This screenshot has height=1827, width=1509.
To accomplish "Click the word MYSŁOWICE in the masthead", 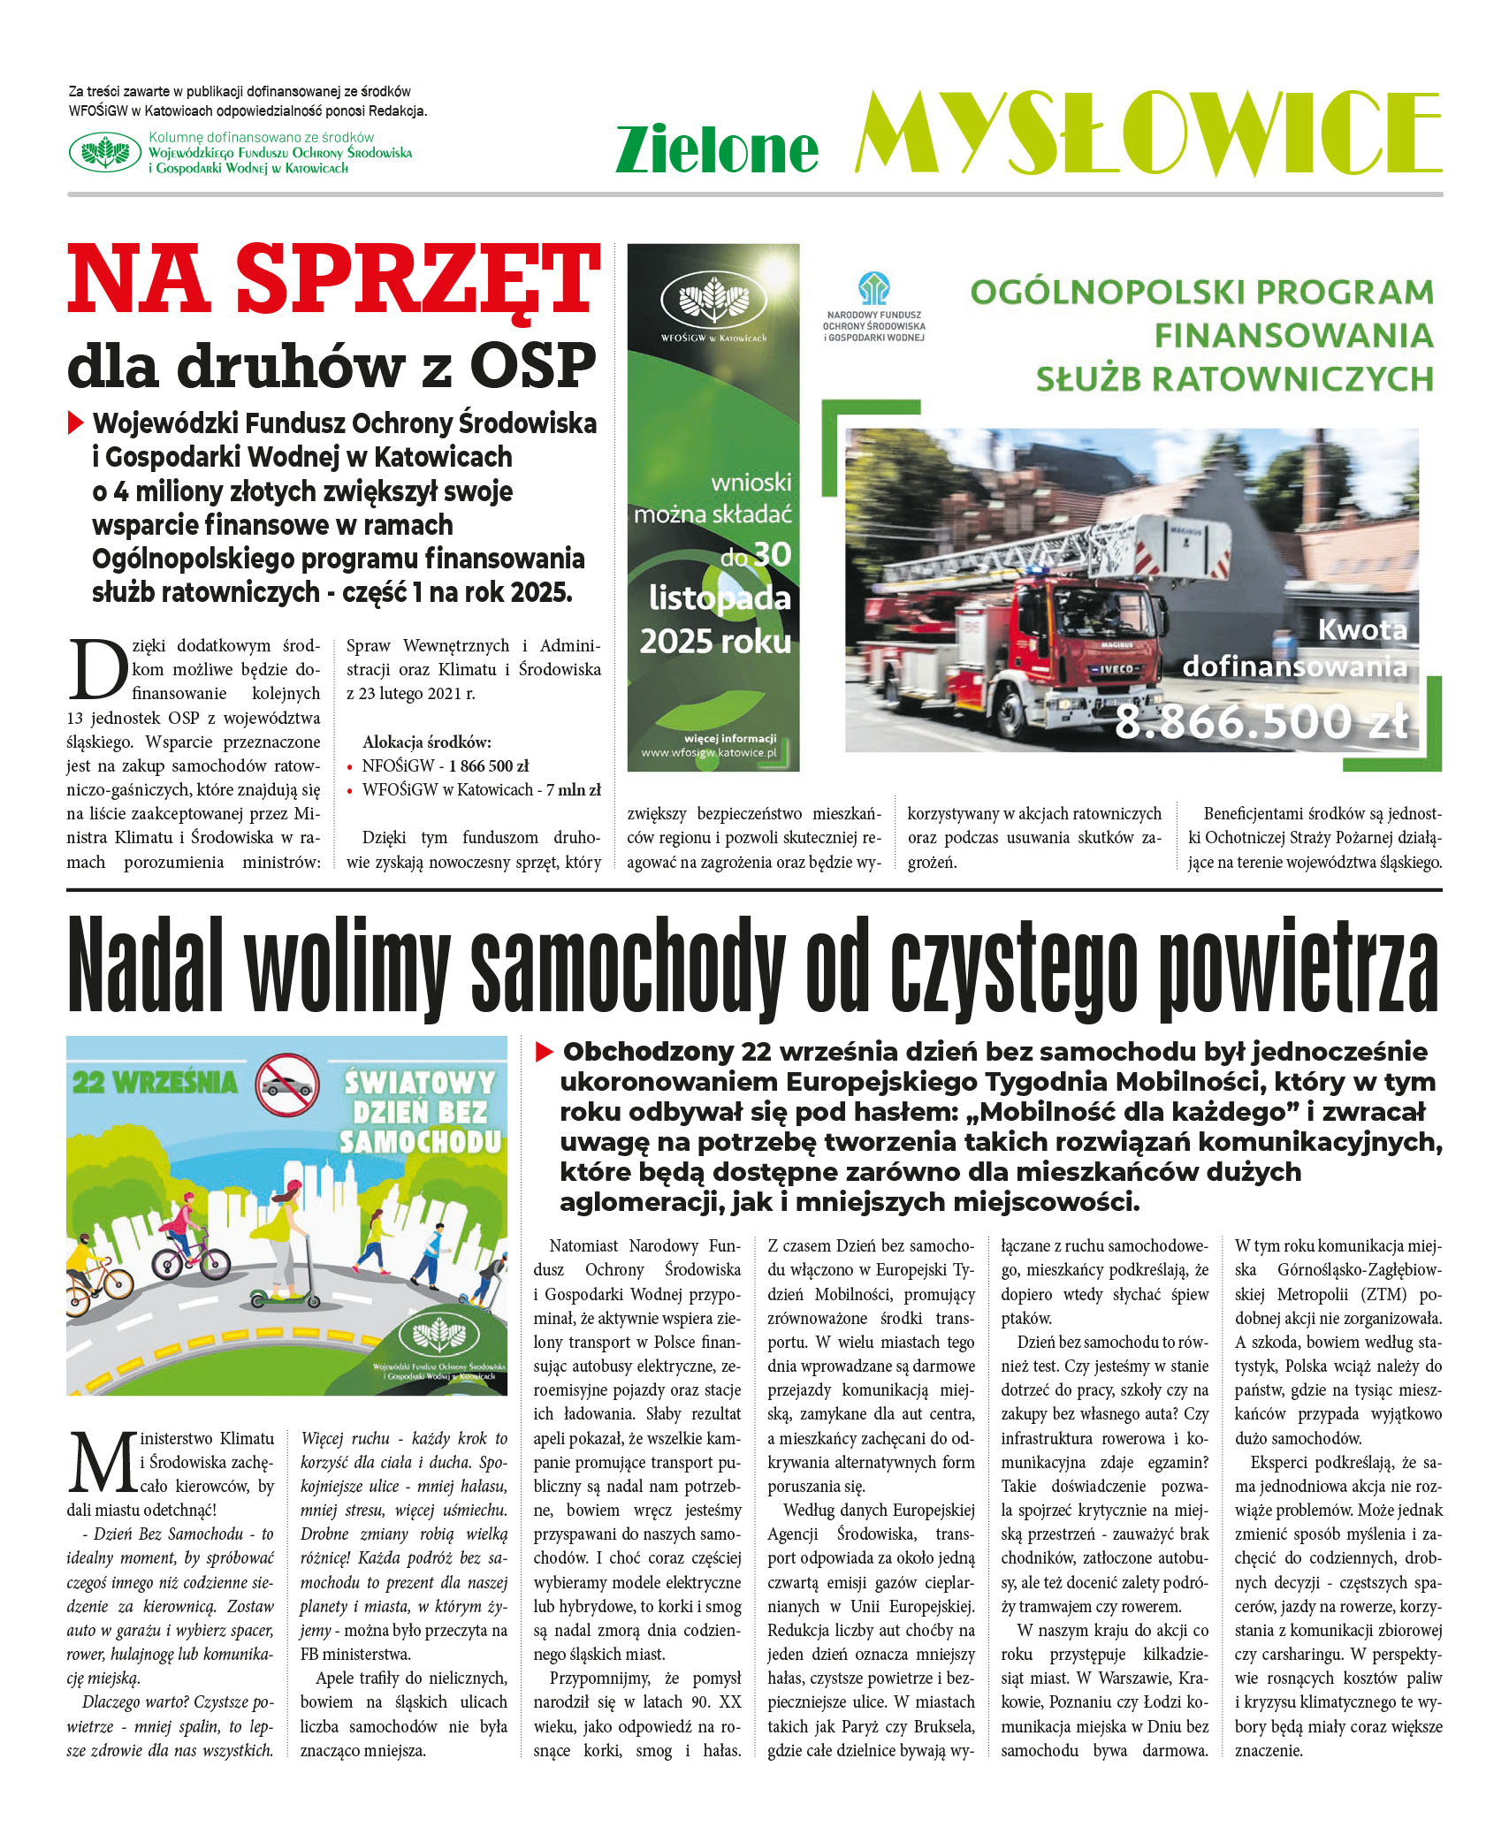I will pos(1147,133).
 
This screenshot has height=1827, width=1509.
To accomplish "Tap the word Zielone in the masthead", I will pos(717,149).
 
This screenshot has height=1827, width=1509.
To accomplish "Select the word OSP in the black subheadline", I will pos(534,366).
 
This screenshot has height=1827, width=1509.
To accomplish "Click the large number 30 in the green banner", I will pos(772,555).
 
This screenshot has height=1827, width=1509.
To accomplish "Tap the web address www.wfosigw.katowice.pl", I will pos(709,753).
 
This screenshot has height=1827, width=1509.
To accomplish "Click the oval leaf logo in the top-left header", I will pos(105,152).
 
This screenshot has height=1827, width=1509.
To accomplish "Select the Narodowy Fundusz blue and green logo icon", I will pos(873,289).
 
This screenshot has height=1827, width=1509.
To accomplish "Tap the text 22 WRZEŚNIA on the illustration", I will pos(156,1083).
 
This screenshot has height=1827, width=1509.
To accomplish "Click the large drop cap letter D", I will pos(97,670).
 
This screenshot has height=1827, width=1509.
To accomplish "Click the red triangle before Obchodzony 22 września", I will pos(545,1052).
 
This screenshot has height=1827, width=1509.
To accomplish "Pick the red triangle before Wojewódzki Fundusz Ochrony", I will pos(76,423).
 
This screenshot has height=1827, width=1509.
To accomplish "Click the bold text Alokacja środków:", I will pos(426,742).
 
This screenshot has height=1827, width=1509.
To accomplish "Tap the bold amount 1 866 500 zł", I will pos(488,765).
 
